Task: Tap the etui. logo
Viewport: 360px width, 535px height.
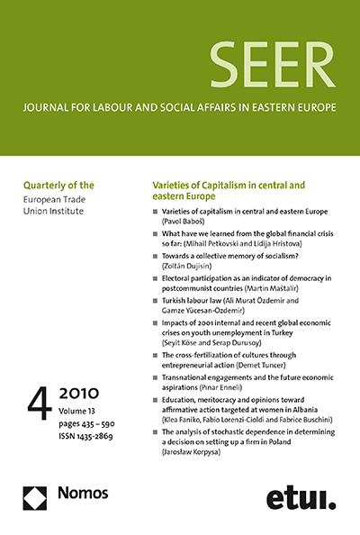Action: point(300,496)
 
